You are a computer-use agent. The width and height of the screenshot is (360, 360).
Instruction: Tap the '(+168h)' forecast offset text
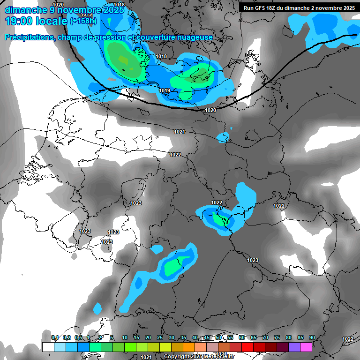(x=83, y=21)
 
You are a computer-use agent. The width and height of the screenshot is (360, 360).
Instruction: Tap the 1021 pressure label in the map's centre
(x=180, y=132)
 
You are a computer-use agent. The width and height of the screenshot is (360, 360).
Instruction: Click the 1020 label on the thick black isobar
(x=210, y=110)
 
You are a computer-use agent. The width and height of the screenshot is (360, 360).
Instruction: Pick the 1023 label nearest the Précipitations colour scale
(x=253, y=260)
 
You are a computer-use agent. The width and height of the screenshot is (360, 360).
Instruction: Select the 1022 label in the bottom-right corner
(x=348, y=339)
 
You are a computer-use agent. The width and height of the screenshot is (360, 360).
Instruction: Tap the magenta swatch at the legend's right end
(x=306, y=347)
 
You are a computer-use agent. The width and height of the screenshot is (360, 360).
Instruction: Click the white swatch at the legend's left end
(x=48, y=347)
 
